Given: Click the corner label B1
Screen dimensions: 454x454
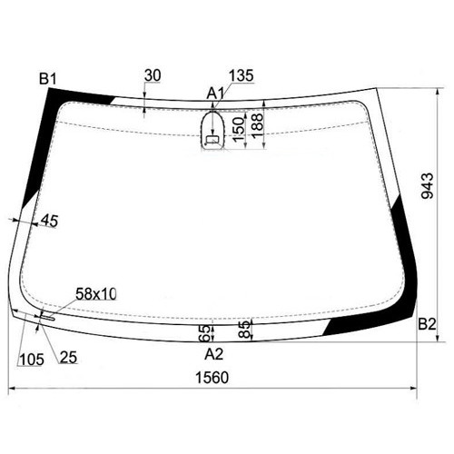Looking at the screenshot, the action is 48,79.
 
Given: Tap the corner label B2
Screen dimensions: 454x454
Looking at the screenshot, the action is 427,324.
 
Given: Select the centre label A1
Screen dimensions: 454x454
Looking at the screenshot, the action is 215,94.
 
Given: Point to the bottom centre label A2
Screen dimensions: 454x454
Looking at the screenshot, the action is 214,354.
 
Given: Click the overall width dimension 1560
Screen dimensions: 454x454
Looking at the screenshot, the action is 212,378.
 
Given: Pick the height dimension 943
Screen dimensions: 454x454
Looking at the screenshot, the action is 428,185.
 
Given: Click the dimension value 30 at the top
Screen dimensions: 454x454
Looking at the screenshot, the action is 153,75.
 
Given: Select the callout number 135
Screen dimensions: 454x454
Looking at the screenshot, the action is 241,75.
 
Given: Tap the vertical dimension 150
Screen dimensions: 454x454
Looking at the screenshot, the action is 239,129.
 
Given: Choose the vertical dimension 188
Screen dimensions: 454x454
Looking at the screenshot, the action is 258,126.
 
